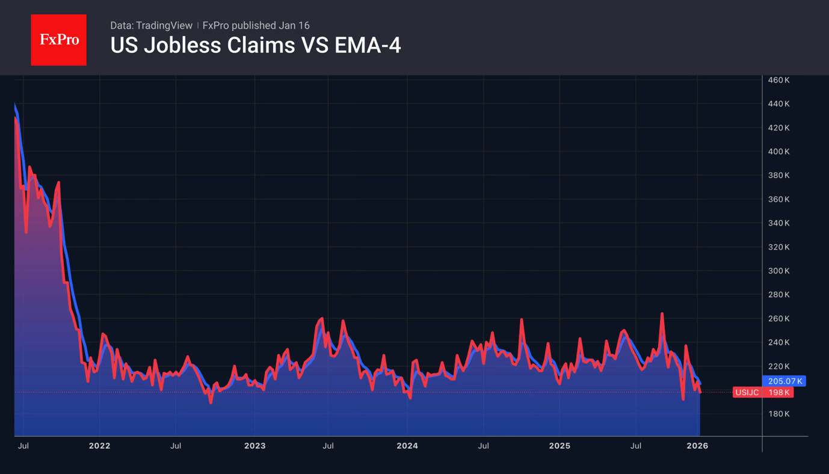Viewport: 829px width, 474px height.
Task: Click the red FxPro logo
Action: (58, 40)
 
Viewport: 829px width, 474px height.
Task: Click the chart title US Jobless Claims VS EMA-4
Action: (255, 45)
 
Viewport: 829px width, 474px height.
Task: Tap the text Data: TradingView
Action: (151, 25)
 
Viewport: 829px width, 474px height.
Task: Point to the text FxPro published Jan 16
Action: (256, 25)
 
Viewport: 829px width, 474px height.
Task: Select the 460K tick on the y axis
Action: (778, 80)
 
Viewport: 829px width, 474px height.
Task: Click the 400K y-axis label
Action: (778, 152)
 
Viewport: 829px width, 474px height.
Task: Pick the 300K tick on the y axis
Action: (778, 271)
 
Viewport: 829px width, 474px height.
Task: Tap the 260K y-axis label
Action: (778, 319)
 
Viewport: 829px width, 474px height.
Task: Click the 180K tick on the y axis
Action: (778, 414)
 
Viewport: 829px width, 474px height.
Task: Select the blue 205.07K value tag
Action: (784, 381)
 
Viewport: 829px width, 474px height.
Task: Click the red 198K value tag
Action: (778, 392)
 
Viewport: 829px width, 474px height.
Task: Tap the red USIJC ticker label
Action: (747, 392)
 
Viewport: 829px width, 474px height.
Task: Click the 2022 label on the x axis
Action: (99, 446)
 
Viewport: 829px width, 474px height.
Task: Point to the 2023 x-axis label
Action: (254, 446)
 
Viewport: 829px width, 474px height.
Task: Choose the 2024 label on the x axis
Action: (407, 446)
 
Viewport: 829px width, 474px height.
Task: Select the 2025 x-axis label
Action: (559, 446)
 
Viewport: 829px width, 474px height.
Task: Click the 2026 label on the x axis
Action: (697, 446)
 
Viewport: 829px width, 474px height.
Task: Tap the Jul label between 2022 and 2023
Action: (176, 446)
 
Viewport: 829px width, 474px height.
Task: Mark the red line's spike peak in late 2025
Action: (662, 313)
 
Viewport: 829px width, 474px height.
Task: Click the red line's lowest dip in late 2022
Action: (211, 402)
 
